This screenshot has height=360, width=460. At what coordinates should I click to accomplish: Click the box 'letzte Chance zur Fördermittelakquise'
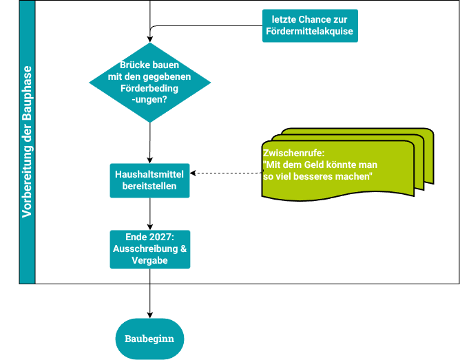(310, 25)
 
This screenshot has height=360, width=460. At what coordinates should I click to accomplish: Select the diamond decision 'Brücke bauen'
(149, 83)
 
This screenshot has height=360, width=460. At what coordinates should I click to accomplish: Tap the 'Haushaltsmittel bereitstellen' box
(149, 180)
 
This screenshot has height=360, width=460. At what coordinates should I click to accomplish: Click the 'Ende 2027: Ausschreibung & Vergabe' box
(149, 248)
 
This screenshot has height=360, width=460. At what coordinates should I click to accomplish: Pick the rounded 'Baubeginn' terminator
(149, 339)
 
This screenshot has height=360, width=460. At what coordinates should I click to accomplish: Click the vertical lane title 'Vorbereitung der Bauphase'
(27, 142)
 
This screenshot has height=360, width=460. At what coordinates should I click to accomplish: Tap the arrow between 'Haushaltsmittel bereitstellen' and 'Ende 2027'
(149, 213)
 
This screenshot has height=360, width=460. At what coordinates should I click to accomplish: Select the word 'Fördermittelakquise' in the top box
(310, 31)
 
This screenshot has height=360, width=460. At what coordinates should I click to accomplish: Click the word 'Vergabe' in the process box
(149, 260)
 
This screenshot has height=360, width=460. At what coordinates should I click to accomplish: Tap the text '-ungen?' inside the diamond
(149, 99)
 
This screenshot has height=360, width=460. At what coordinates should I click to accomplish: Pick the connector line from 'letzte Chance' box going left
(207, 26)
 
